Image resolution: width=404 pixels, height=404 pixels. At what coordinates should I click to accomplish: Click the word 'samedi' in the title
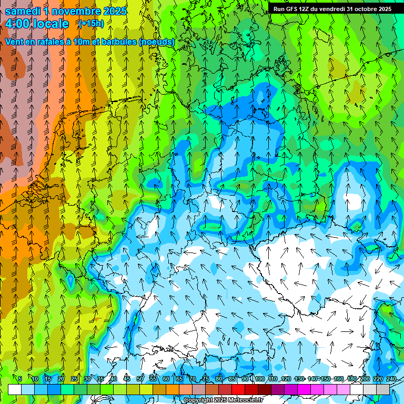pyautogui.click(x=22, y=11)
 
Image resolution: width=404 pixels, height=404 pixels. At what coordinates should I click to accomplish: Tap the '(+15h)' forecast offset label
pyautogui.click(x=91, y=24)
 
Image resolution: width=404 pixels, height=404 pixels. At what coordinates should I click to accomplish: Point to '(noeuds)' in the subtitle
pyautogui.click(x=157, y=42)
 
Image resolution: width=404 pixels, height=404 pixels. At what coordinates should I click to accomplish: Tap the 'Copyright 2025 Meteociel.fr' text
pyautogui.click(x=223, y=400)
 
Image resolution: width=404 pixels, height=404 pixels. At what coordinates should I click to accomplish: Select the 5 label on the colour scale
pyautogui.click(x=20, y=379)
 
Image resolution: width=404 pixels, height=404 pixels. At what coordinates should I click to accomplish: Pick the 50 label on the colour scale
pyautogui.click(x=139, y=379)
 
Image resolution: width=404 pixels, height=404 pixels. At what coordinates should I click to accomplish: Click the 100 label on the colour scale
pyautogui.click(x=259, y=379)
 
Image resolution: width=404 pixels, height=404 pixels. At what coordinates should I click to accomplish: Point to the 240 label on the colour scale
pyautogui.click(x=391, y=379)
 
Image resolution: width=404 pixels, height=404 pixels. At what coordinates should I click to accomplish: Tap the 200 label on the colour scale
pyautogui.click(x=365, y=379)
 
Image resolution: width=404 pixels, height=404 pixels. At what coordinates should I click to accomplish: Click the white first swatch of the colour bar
pyautogui.click(x=15, y=389)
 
